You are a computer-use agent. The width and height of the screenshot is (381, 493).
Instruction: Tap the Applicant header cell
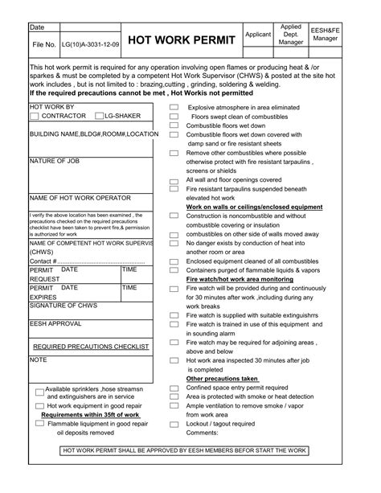257,35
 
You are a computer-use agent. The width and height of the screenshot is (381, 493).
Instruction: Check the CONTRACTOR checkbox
34,117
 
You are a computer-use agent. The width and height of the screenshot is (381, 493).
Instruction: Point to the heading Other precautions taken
223,378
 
